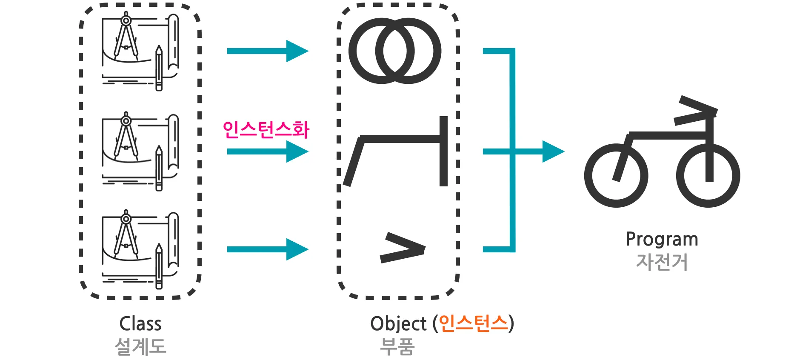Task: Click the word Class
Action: coord(140,323)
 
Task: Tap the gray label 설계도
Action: coord(140,346)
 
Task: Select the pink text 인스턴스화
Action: coord(266,129)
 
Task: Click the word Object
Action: coord(399,324)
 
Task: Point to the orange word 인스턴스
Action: coord(473,323)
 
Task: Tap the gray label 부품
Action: coord(397,346)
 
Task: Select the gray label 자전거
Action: coord(662,262)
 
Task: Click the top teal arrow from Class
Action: coord(268,51)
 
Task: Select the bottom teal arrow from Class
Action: coord(268,249)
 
